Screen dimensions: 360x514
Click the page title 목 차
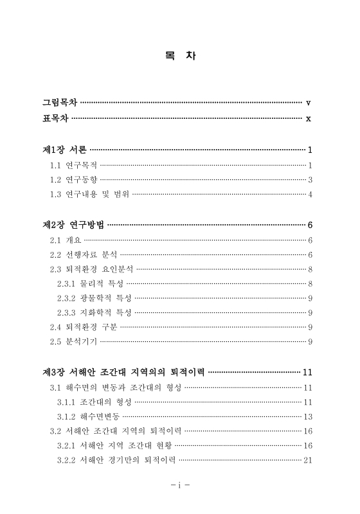pos(180,56)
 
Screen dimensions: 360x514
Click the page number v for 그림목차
pos(309,103)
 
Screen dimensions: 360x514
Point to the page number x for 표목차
pos(309,118)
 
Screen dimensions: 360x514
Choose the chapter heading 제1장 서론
pos(64,150)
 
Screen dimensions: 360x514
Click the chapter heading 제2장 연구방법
pos(73,225)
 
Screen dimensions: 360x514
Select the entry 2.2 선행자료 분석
pos(83,255)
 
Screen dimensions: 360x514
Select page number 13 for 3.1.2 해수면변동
pos(307,416)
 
